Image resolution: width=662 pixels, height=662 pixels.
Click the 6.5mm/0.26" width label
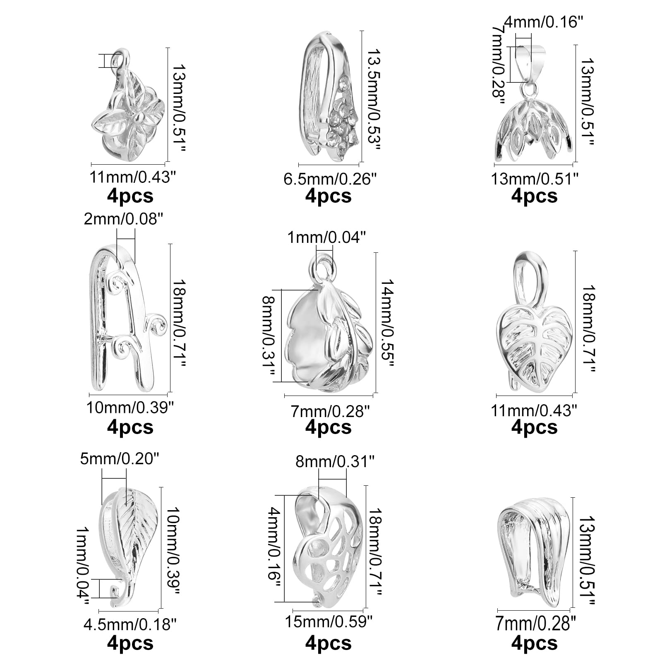pos(330,179)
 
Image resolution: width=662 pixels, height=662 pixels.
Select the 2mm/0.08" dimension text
pos(121,218)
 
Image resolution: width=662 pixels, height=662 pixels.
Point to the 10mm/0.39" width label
pos(129,408)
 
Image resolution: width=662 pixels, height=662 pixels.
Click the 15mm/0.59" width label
pos(329,621)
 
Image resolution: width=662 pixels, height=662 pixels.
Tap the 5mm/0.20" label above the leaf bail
pos(119,459)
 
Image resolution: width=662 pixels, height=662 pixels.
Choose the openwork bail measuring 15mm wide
pos(327,546)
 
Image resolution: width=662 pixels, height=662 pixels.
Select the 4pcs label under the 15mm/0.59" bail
pos(329,643)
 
